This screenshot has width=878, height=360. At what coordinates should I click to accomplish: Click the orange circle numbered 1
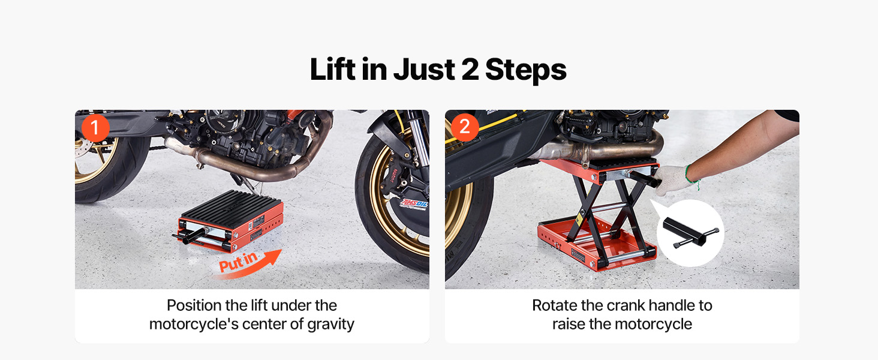click(95, 128)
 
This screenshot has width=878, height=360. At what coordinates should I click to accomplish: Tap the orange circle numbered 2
click(465, 127)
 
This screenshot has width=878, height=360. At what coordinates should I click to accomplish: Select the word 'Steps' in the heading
click(525, 70)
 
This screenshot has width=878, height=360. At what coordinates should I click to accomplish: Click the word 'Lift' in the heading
click(332, 69)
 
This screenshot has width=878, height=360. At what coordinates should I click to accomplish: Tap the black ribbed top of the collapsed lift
click(231, 205)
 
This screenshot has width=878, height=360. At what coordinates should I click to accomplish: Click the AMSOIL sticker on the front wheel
click(414, 203)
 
